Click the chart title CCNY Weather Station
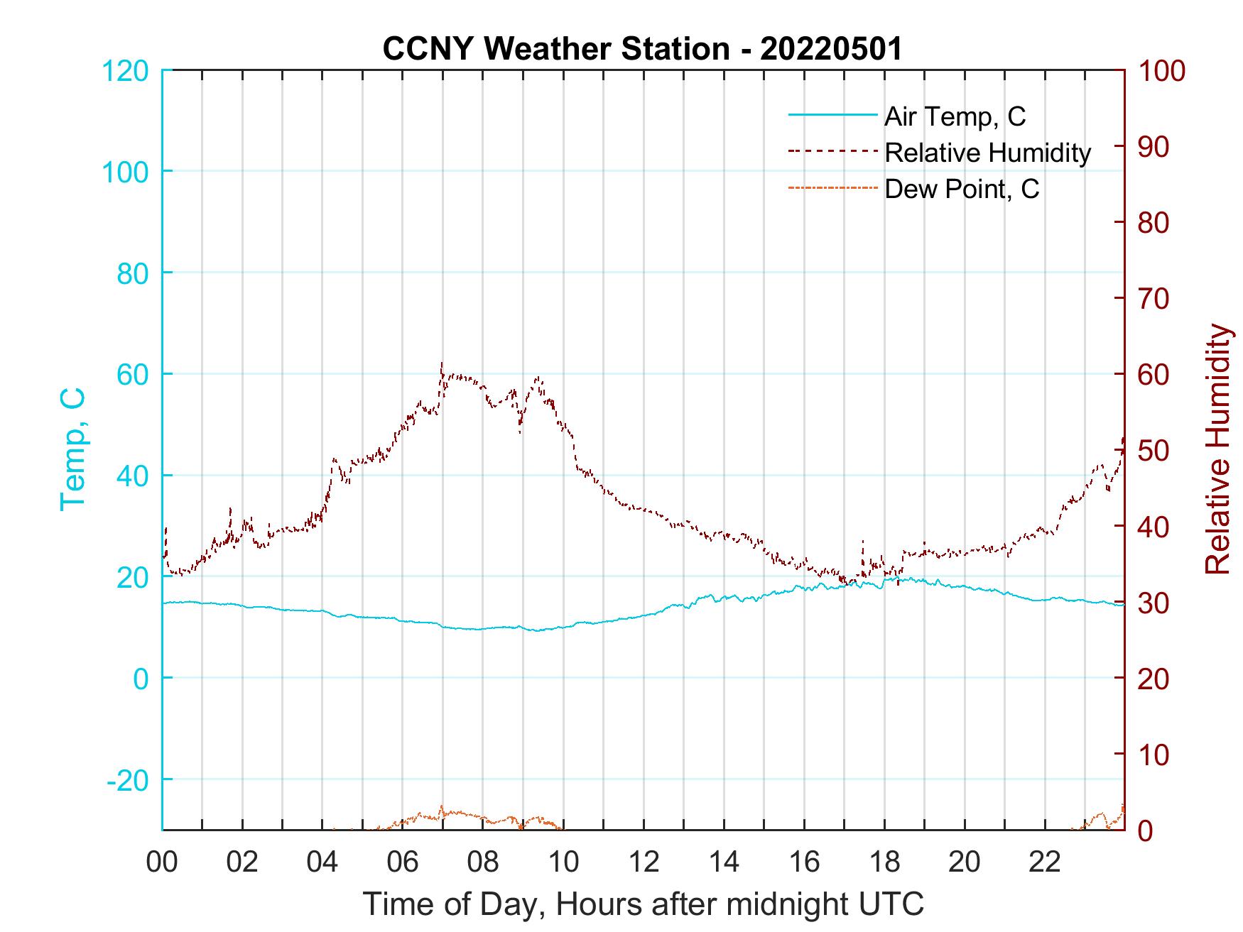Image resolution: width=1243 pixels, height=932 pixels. (x=642, y=48)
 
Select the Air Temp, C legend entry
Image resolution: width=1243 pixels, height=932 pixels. (x=954, y=116)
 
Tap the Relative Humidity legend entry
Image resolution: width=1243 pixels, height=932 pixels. (x=987, y=153)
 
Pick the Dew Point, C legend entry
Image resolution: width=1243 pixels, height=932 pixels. (x=961, y=189)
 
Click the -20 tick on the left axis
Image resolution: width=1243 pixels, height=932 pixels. (x=128, y=780)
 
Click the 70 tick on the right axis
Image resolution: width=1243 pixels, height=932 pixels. (x=1154, y=299)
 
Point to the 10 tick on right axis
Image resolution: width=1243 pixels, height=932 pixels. (x=1154, y=755)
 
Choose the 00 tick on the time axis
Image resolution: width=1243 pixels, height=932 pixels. (x=162, y=863)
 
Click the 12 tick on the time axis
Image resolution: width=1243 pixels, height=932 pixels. (x=644, y=863)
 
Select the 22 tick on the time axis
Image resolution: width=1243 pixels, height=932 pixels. (x=1045, y=863)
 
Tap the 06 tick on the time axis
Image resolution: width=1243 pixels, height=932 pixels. (x=403, y=863)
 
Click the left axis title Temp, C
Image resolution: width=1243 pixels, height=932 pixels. (x=72, y=449)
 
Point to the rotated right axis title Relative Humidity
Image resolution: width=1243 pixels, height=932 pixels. (x=1217, y=449)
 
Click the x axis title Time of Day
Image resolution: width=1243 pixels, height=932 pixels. (x=644, y=904)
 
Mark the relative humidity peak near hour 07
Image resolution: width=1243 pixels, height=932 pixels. (x=442, y=363)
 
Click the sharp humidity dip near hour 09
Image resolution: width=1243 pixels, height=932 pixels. (x=521, y=432)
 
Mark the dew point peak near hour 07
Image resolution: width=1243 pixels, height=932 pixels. (x=442, y=807)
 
